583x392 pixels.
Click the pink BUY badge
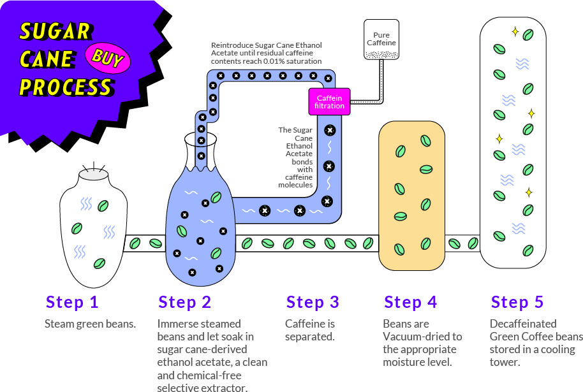(x=107, y=59)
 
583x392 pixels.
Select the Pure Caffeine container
(x=381, y=40)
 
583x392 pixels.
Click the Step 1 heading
(x=71, y=301)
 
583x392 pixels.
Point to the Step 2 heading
(x=184, y=301)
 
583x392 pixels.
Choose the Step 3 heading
(x=313, y=301)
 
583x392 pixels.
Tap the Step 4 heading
(x=410, y=301)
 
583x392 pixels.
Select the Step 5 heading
(x=517, y=301)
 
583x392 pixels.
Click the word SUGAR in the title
(x=55, y=31)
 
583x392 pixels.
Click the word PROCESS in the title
(x=65, y=87)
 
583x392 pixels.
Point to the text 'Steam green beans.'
(x=91, y=324)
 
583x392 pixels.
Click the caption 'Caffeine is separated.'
(x=310, y=330)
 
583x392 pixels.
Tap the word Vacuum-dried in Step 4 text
(x=422, y=337)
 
